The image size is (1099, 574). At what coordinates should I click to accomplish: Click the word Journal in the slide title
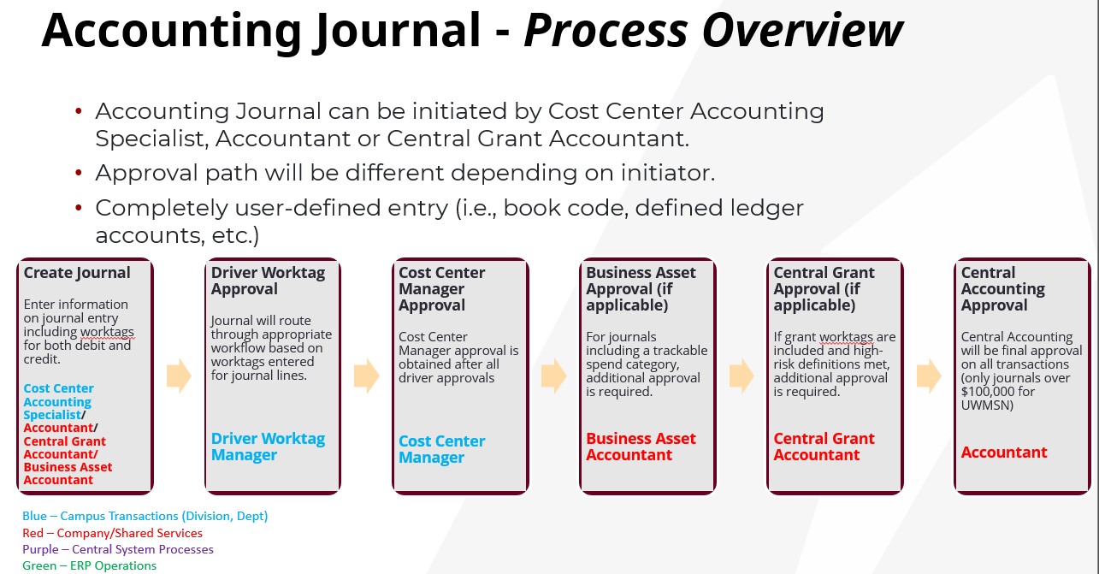[398, 32]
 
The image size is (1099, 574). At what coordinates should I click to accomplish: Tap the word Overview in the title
[803, 31]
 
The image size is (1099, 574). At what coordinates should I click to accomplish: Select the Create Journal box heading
[77, 273]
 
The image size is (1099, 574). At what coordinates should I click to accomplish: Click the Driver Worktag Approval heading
[268, 281]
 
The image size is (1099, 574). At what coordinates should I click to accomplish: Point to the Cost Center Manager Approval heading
[441, 289]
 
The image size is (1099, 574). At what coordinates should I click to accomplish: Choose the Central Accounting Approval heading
[1003, 289]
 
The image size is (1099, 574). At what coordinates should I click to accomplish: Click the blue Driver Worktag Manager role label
[268, 447]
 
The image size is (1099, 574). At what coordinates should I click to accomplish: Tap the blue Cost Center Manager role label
[441, 449]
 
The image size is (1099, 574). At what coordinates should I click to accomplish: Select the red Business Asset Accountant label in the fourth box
[641, 447]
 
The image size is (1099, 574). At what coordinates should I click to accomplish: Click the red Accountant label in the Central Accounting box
[1004, 453]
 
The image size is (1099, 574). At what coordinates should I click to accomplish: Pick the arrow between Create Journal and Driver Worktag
[179, 376]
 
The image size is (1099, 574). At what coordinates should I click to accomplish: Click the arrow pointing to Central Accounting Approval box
[929, 376]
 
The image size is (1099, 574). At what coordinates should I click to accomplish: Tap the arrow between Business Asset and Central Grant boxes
[742, 376]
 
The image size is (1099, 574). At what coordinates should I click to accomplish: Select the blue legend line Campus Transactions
[145, 516]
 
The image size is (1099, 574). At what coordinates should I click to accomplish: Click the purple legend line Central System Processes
[118, 549]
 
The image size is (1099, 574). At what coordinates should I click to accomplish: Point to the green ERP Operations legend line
[89, 565]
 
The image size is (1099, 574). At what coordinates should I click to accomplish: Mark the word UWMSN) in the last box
[987, 405]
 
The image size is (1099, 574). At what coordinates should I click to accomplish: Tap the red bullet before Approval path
[79, 173]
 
